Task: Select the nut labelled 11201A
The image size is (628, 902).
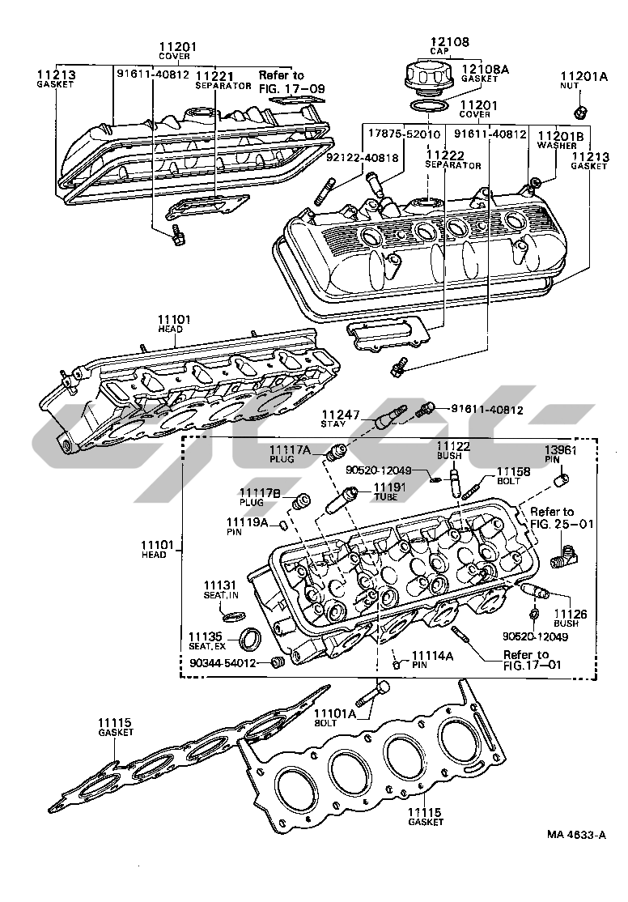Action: pos(579,111)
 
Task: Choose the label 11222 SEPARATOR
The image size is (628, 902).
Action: pos(452,159)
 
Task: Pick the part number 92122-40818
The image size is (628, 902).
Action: pos(362,159)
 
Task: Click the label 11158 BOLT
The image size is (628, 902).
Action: pos(512,474)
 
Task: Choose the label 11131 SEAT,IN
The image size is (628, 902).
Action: pos(220,590)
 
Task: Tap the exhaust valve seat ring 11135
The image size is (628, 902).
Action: pos(252,639)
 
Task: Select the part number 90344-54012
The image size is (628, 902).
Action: pos(223,663)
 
